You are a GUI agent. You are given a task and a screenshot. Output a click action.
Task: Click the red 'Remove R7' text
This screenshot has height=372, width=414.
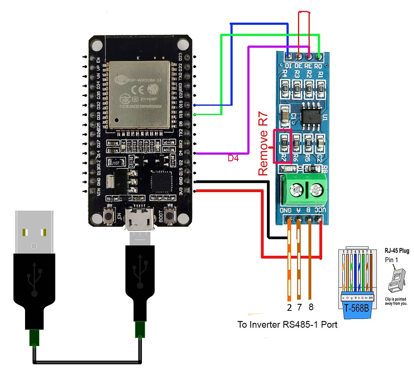263,147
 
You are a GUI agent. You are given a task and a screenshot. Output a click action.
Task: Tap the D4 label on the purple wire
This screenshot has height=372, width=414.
233,159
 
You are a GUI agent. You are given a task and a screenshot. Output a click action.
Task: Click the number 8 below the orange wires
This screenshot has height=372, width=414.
310,307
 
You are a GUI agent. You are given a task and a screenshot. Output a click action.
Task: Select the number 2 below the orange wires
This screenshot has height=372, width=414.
289,307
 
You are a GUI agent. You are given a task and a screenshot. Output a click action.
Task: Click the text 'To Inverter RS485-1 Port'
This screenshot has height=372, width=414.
287,324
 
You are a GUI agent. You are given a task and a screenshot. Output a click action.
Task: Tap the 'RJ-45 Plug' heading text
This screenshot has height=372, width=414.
396,251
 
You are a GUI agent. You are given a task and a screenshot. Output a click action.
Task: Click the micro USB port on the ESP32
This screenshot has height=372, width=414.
139,219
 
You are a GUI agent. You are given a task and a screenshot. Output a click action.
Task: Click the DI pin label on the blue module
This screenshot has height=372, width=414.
288,65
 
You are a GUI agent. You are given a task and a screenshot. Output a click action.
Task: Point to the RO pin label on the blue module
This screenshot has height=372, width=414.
319,65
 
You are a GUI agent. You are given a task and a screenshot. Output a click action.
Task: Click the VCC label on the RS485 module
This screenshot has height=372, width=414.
320,211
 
